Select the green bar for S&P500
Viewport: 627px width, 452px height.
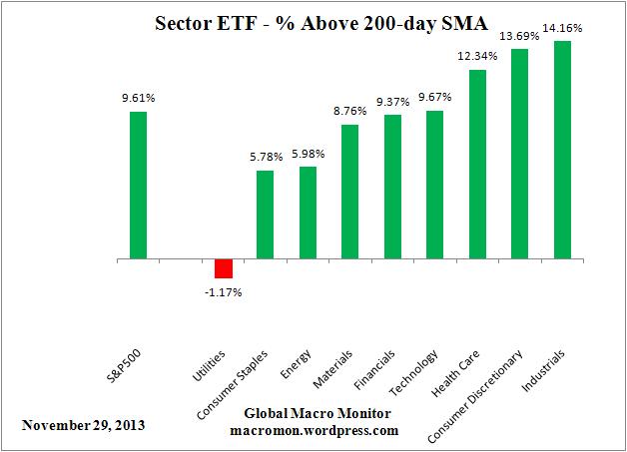point(138,185)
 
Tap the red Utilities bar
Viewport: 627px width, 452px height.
point(224,268)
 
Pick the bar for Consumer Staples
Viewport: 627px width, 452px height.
point(266,215)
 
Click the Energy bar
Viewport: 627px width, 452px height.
point(308,213)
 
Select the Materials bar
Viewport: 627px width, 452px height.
point(350,192)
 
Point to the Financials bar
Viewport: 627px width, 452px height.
point(392,187)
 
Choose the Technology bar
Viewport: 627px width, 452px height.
point(434,185)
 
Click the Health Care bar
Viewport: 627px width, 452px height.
point(477,165)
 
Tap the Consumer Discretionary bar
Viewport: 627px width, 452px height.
point(519,154)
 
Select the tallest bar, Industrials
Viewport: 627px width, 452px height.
point(562,150)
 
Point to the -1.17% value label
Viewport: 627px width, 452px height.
point(224,292)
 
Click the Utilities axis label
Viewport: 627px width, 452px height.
point(213,370)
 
